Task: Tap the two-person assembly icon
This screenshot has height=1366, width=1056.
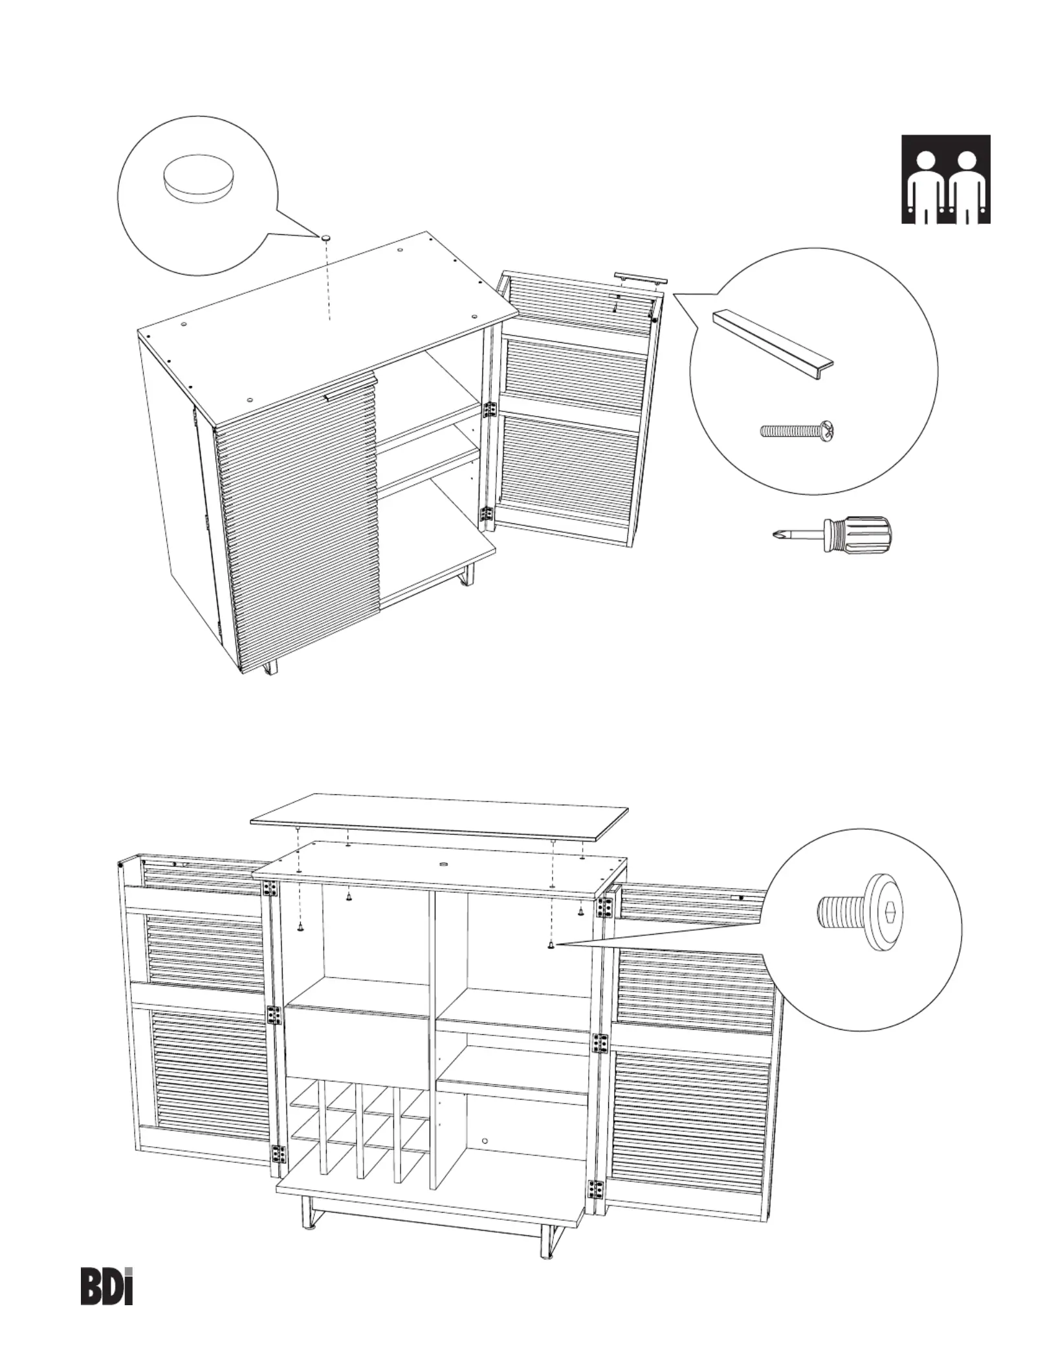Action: (x=945, y=179)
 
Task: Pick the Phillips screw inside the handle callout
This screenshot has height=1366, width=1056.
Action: (x=799, y=430)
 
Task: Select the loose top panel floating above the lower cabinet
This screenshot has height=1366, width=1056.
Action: (x=440, y=817)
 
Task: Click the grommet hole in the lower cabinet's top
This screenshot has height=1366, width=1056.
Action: (x=443, y=865)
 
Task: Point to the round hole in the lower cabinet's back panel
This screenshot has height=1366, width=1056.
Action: (x=486, y=1141)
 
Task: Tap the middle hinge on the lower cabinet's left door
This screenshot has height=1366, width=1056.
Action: (x=275, y=1015)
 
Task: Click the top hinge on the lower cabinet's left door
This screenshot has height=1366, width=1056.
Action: (x=270, y=891)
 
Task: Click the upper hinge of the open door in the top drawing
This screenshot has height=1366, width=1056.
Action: (x=489, y=409)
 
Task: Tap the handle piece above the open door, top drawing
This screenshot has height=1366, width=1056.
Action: (x=640, y=277)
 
